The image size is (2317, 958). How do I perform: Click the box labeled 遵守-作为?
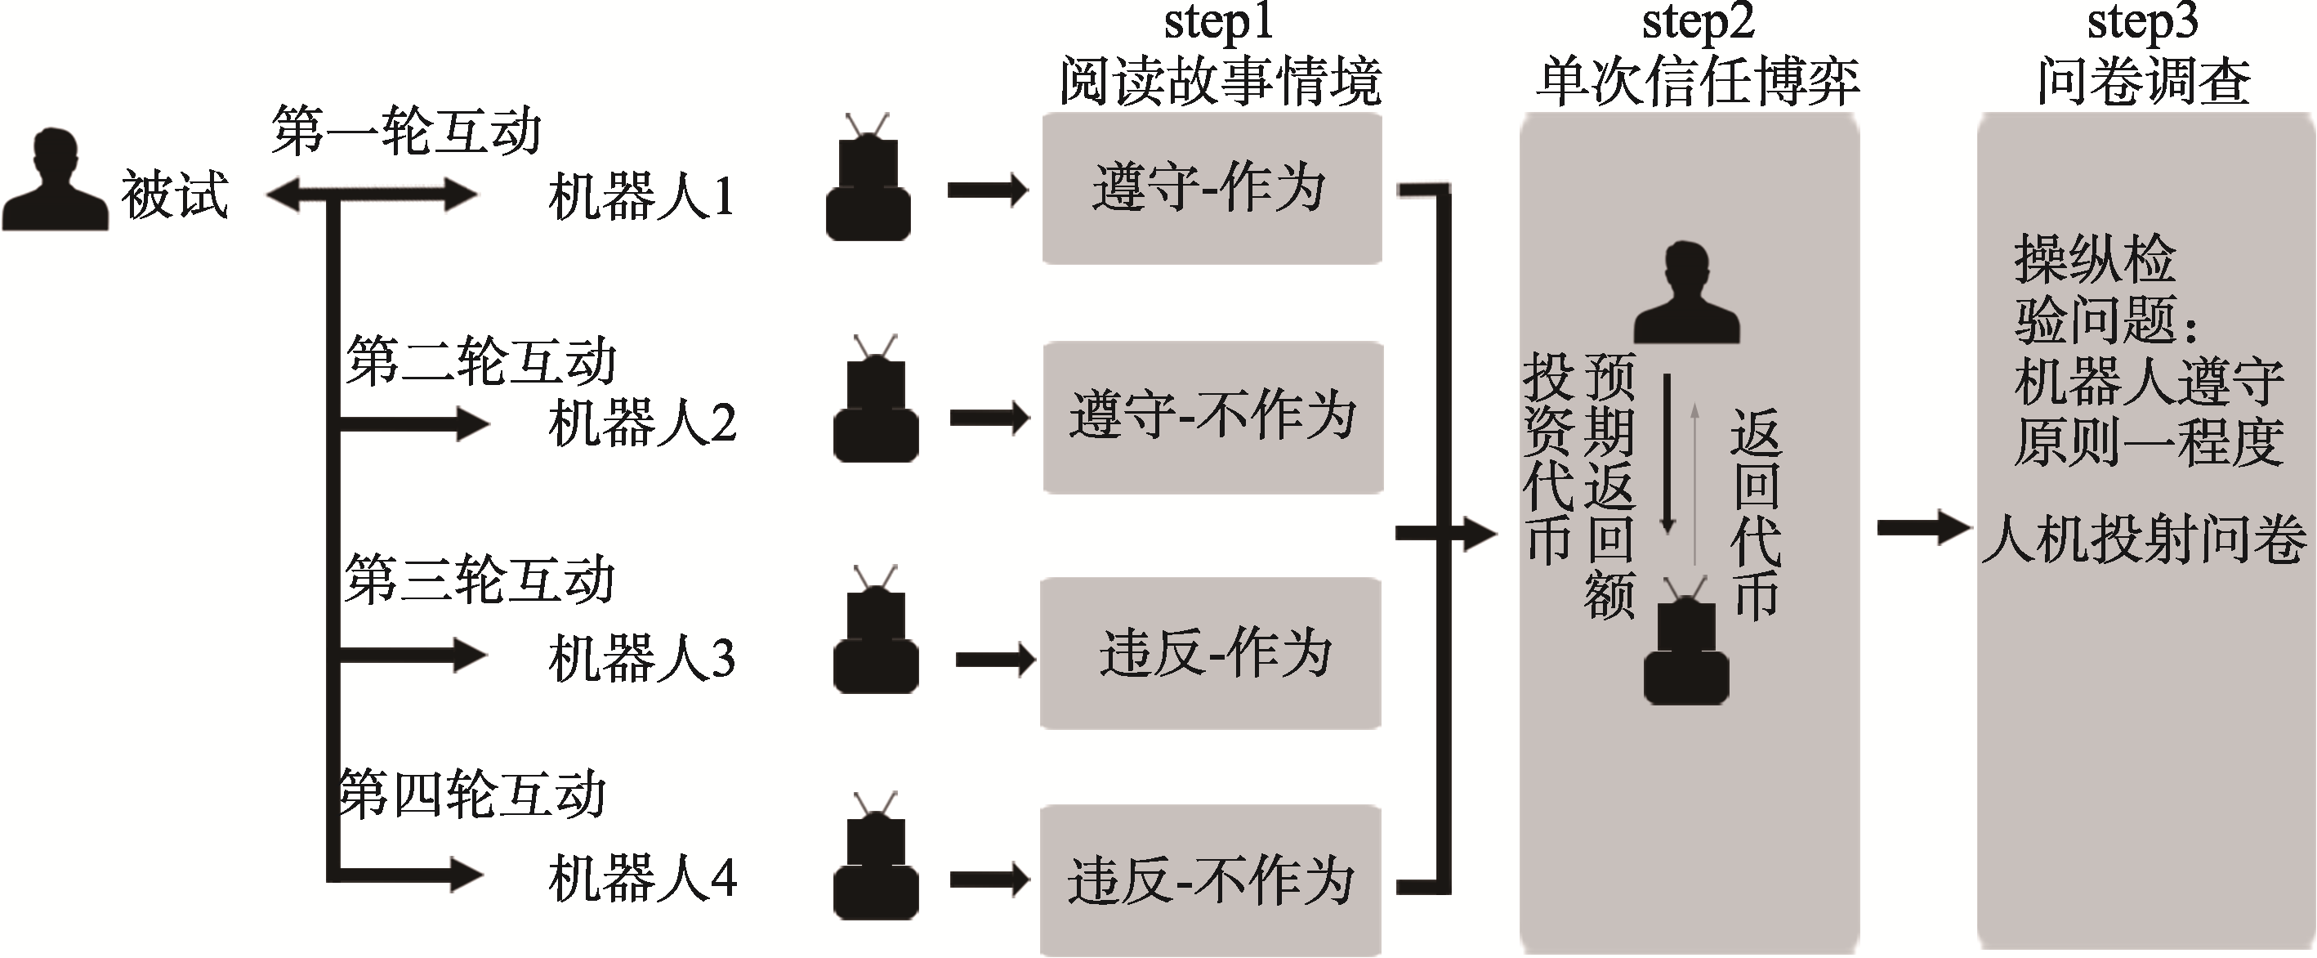click(1211, 188)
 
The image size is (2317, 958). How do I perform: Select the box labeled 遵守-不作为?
click(1212, 417)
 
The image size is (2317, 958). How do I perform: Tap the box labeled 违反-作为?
click(1211, 652)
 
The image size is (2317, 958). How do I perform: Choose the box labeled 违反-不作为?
click(1211, 880)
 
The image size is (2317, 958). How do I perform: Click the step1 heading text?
click(1219, 24)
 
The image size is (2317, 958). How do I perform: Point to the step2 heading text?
click(1697, 24)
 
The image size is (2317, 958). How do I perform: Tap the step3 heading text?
click(2141, 24)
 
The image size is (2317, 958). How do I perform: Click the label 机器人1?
click(641, 197)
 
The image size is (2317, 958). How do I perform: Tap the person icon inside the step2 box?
click(1685, 293)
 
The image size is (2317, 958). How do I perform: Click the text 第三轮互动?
click(480, 580)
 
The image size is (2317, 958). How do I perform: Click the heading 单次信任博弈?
click(1697, 82)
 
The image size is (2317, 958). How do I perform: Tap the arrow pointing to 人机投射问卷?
click(1922, 528)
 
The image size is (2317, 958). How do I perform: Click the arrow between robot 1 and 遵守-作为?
click(988, 190)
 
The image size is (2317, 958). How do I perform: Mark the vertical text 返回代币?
click(1755, 513)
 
